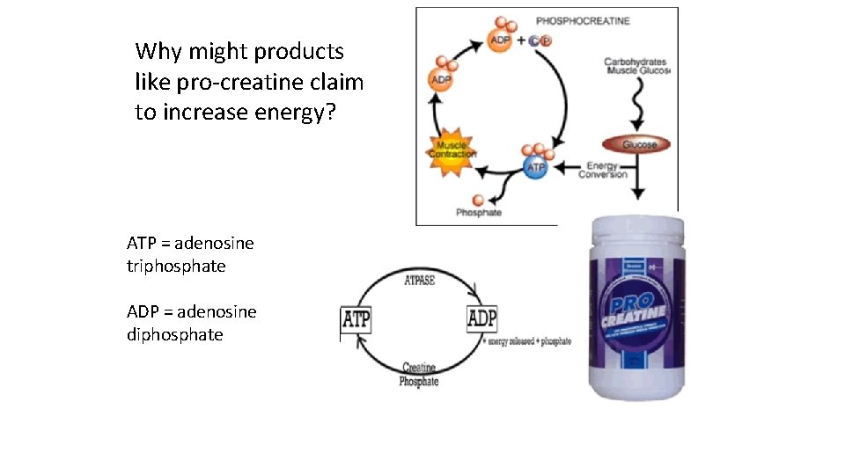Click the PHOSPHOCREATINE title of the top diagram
click(583, 21)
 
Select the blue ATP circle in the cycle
click(535, 166)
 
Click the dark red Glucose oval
click(636, 144)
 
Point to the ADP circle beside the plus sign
click(501, 40)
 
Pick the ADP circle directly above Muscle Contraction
click(441, 80)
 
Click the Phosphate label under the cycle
click(479, 212)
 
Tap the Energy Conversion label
click(603, 170)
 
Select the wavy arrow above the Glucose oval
click(636, 106)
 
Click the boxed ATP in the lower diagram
click(356, 319)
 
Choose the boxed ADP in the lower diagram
click(481, 318)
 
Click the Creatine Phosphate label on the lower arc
click(419, 375)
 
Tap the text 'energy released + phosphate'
click(529, 341)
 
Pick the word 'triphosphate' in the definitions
click(176, 266)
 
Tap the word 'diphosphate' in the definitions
click(174, 334)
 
